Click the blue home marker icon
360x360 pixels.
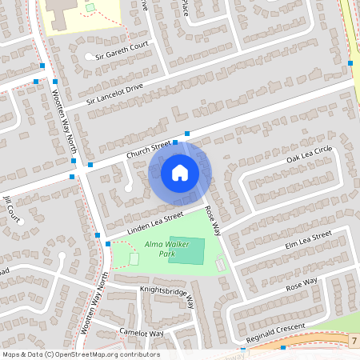[179, 172]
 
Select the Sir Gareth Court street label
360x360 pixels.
[122, 51]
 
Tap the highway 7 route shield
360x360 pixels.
[353, 342]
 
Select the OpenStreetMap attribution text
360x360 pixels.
[81, 354]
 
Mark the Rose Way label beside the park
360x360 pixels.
[212, 220]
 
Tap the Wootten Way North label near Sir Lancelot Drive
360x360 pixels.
[58, 116]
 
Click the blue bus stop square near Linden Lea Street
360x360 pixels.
[98, 235]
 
